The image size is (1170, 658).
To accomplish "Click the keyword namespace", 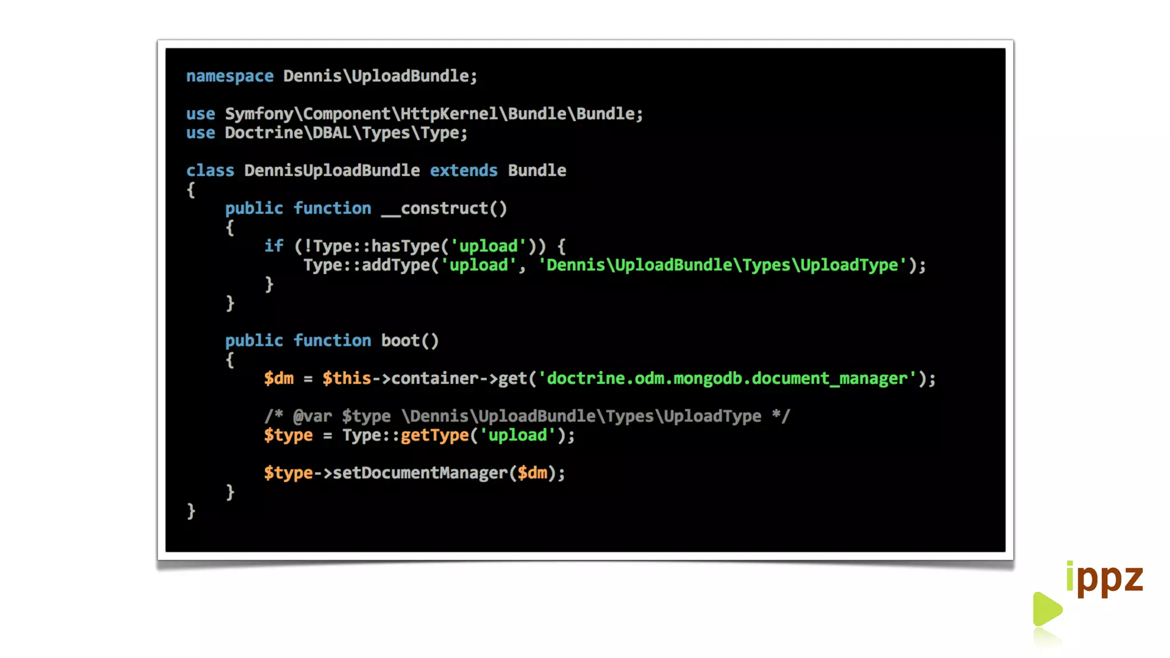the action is click(x=230, y=76).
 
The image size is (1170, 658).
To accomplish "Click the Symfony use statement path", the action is click(x=433, y=114).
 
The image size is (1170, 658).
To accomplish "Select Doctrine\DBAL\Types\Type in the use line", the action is click(x=345, y=133).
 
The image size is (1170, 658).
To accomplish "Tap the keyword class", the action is click(x=210, y=171).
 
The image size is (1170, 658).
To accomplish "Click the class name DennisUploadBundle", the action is click(x=332, y=171).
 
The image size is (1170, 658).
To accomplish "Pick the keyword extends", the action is click(x=463, y=171).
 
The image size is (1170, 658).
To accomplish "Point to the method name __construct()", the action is click(x=444, y=208).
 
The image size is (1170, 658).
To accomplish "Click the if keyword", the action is click(x=273, y=246).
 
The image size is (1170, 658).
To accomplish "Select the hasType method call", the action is click(x=405, y=246).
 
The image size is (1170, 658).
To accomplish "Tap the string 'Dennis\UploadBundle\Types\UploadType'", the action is click(x=722, y=265).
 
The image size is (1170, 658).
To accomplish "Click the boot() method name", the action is click(x=410, y=341).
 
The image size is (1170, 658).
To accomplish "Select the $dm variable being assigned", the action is click(x=279, y=379).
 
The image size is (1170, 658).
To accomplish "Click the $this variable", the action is click(x=346, y=379).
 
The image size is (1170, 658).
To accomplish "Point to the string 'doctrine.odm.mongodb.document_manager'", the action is click(x=727, y=379).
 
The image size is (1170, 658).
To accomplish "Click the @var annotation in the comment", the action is click(x=312, y=416).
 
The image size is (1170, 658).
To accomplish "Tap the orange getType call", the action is click(x=434, y=435).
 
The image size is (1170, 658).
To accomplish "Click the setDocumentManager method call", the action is click(x=420, y=473).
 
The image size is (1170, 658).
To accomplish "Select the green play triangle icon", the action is click(x=1047, y=609).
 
